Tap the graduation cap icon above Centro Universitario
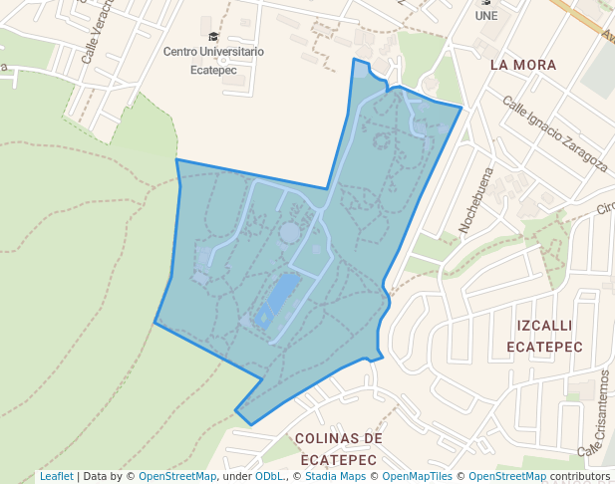pos(213,36)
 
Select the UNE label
pos(486,16)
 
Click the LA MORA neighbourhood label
pos(523,65)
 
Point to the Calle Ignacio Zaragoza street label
pos(554,133)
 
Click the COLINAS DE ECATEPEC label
pos(338,449)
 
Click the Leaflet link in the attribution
pos(56,476)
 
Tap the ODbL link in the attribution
pos(268,476)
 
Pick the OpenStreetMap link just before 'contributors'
pos(507,476)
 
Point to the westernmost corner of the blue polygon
pos(154,322)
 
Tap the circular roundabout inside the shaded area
pos(289,233)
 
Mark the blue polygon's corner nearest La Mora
pos(461,107)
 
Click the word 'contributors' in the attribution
pos(579,476)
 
